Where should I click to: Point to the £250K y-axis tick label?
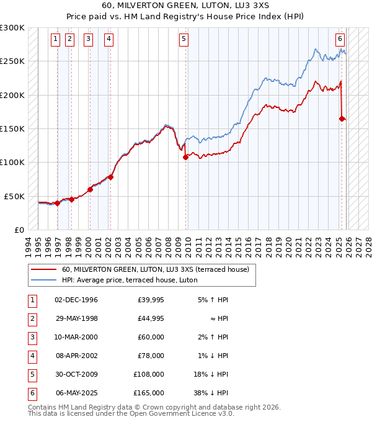pyautogui.click(x=12, y=61)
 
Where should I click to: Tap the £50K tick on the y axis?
pyautogui.click(x=15, y=196)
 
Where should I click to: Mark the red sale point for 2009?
pyautogui.click(x=186, y=158)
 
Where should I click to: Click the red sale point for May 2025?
pyautogui.click(x=342, y=119)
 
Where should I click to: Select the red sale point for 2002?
pyautogui.click(x=110, y=177)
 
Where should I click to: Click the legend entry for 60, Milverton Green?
pyautogui.click(x=155, y=269)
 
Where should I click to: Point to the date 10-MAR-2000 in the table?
pyautogui.click(x=76, y=338)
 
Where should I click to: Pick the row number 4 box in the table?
pyautogui.click(x=31, y=356)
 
